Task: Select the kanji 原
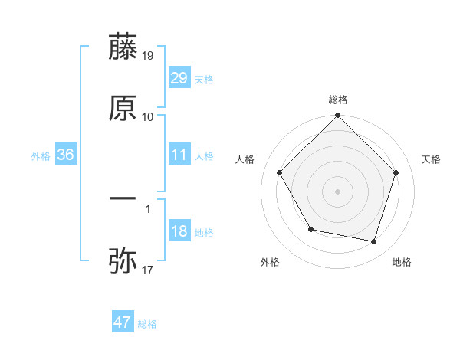123,108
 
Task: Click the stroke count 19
148,55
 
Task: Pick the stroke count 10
148,117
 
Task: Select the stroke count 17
148,270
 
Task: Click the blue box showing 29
179,78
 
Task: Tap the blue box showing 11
179,155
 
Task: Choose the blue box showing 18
179,231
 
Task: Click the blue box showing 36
66,155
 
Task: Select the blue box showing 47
123,322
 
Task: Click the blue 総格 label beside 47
147,324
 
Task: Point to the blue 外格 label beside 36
41,155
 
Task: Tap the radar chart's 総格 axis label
337,100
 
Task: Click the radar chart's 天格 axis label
431,159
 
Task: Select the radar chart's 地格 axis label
402,262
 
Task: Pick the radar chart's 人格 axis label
245,159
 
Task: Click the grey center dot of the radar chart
337,191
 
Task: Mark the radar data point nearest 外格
310,229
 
